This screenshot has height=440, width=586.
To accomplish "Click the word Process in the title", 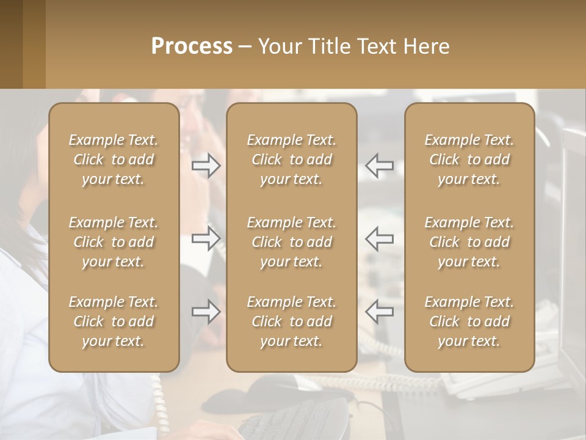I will [x=192, y=46].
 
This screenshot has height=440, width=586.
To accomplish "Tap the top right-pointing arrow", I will [x=206, y=166].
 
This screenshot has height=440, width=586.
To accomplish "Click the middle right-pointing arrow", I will [x=206, y=238].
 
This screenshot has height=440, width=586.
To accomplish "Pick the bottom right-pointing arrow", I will [x=206, y=312].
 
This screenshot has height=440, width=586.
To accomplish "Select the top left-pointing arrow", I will [x=379, y=166].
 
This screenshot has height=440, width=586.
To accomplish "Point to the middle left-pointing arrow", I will [x=379, y=238].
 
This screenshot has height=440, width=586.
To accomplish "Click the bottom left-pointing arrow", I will [x=379, y=312].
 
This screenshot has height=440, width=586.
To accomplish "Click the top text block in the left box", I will [x=114, y=159].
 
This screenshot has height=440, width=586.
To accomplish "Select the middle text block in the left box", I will [x=114, y=242].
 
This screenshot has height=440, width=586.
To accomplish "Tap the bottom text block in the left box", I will [x=114, y=321].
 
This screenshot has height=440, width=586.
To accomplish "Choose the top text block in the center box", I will [x=292, y=159].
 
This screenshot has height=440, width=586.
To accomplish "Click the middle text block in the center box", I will [x=292, y=242].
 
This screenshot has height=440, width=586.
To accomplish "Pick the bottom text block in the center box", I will [x=292, y=321].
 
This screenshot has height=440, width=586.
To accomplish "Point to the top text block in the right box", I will [x=469, y=159].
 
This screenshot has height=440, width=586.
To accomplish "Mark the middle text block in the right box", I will [x=469, y=242].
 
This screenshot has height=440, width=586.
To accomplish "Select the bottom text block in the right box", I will [x=469, y=321].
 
